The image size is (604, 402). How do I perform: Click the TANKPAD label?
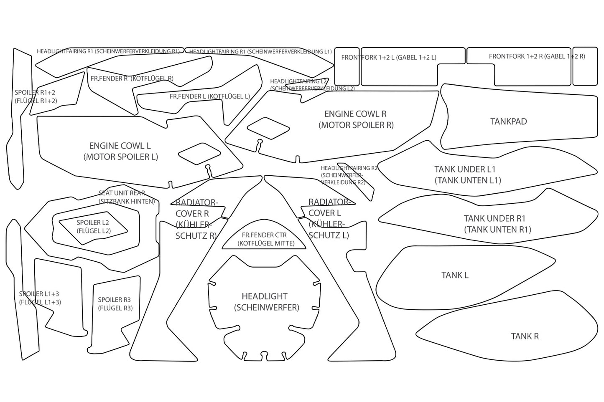508,121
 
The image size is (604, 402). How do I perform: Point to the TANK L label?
455,275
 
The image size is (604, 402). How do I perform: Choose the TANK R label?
525,336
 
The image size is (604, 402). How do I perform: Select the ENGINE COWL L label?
120,151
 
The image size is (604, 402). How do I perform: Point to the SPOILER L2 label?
93,226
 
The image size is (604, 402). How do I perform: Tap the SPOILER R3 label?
115,304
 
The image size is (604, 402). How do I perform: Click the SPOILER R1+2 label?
35,96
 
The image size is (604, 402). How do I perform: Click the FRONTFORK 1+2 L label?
388,57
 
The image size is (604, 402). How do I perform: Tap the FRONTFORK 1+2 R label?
537,56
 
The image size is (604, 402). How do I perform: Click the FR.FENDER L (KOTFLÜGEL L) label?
209,96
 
